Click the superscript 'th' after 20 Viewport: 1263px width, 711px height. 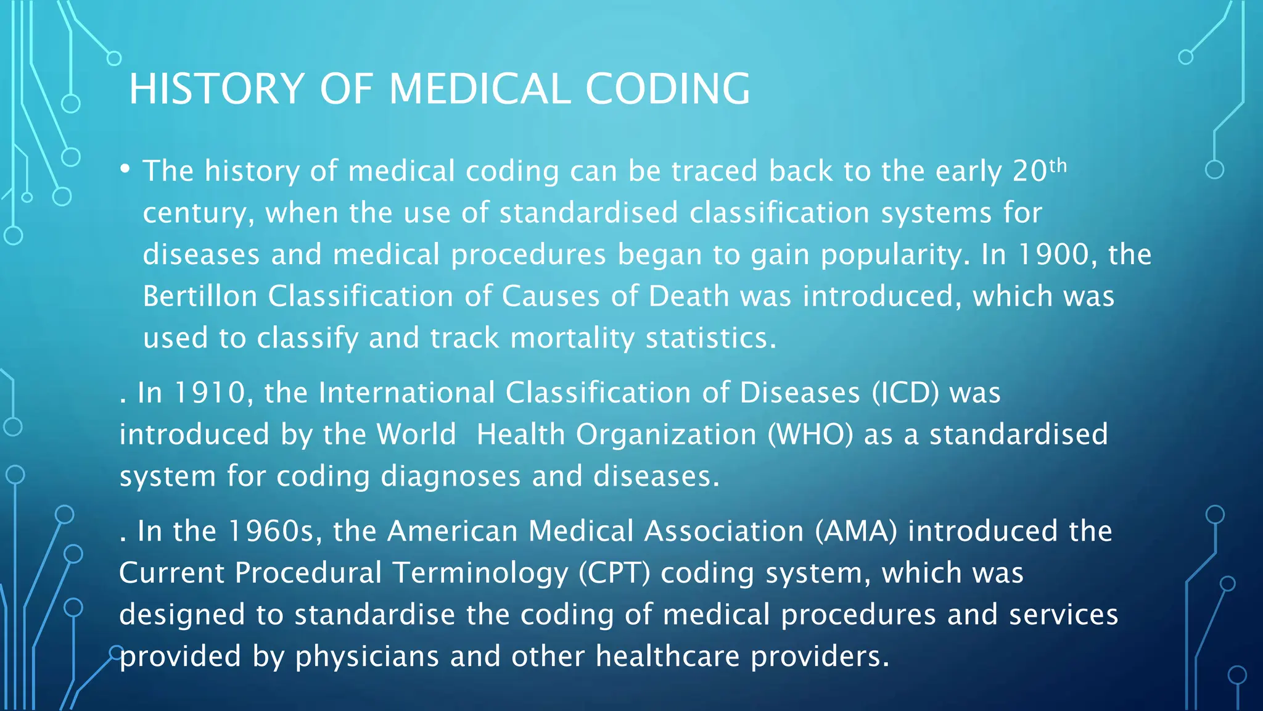pyautogui.click(x=1058, y=165)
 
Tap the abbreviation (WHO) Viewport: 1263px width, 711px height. pyautogui.click(x=810, y=434)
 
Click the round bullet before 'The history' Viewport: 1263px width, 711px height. pyautogui.click(x=125, y=168)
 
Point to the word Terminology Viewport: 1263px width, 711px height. pyautogui.click(x=480, y=573)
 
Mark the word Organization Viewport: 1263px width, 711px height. pyautogui.click(x=666, y=434)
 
